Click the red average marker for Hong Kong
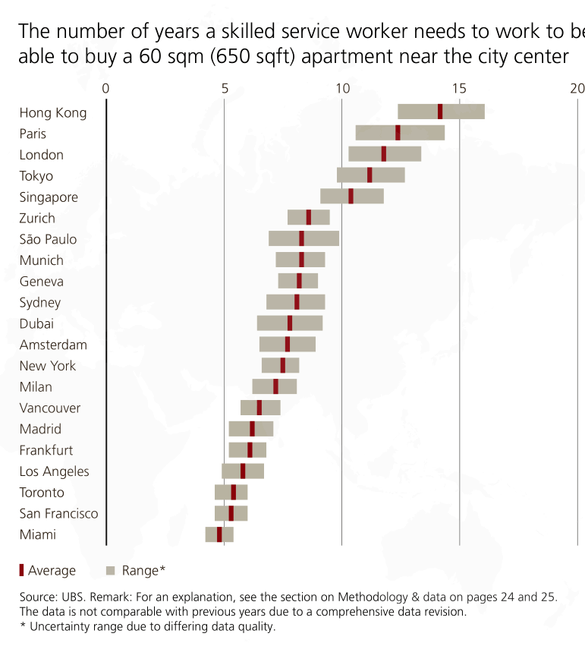coord(440,112)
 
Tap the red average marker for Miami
coord(219,534)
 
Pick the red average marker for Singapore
coord(351,196)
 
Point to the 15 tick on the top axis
coord(460,88)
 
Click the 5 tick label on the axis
coord(225,88)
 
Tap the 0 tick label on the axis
coord(105,88)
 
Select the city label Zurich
coord(37,218)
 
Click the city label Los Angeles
coord(54,471)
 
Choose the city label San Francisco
coord(58,513)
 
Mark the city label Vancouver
coord(50,408)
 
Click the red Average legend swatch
coord(21,570)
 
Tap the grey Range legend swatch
coord(110,570)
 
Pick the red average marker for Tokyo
coord(370,175)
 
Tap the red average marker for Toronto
coord(234,492)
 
